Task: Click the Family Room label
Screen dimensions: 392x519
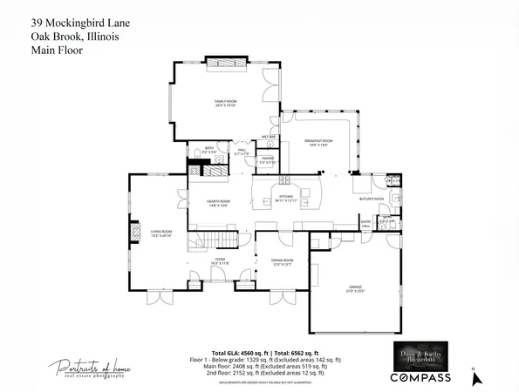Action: [227, 103]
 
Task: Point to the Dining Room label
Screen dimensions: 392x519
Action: [282, 261]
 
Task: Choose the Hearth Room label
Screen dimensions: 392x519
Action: [218, 203]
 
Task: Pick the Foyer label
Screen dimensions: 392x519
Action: [221, 260]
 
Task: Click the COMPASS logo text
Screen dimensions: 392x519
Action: [420, 377]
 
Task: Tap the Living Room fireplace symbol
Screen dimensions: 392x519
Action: [135, 233]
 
